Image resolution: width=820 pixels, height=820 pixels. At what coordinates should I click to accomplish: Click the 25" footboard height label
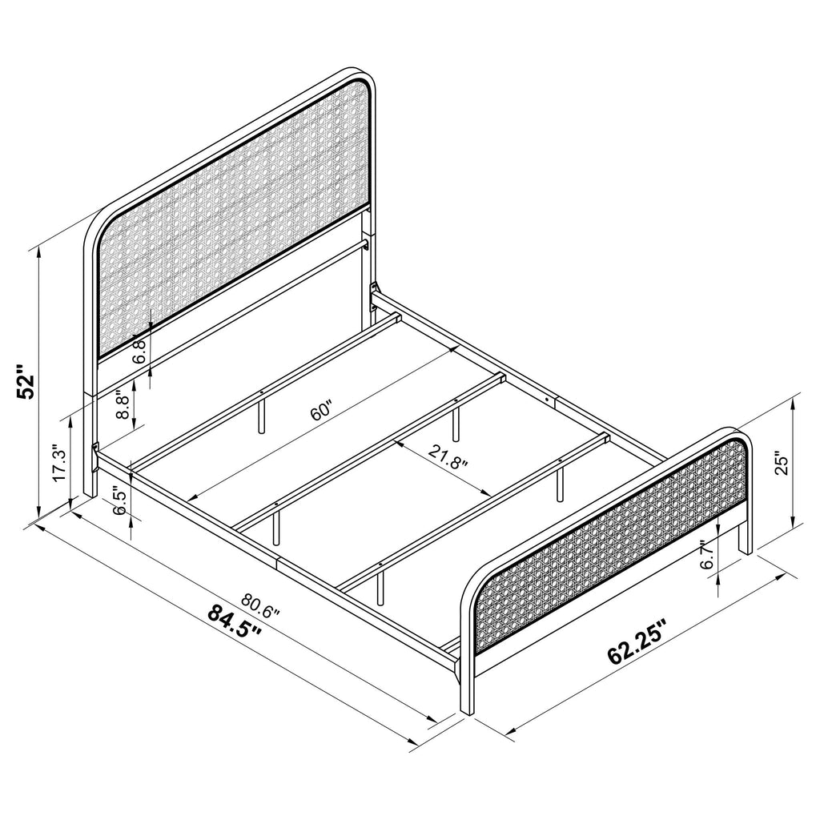tap(782, 464)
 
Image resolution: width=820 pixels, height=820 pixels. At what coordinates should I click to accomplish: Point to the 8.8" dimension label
tap(123, 405)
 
